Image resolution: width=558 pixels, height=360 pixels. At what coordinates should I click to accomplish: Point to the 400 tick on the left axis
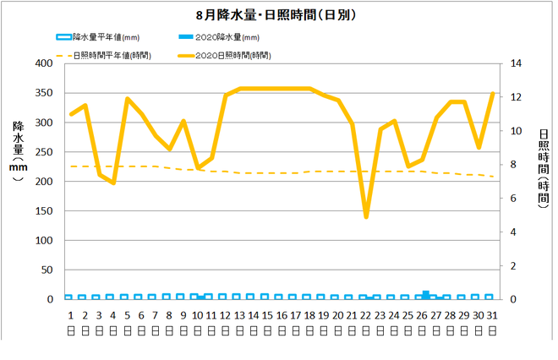tap(40, 63)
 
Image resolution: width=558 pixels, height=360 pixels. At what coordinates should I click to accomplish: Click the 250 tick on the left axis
tap(40, 152)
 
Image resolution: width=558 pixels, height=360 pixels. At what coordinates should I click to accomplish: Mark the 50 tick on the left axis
tap(43, 270)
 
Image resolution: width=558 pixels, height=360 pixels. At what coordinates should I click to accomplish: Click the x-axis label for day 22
tap(365, 314)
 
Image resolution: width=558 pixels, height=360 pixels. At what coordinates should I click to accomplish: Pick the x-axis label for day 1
tap(71, 314)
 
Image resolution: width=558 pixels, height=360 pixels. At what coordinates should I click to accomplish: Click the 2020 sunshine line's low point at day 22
tap(366, 217)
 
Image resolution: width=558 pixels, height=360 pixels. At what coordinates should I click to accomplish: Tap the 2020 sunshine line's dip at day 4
tap(113, 183)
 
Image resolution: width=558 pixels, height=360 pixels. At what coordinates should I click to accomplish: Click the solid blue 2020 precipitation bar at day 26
tap(425, 295)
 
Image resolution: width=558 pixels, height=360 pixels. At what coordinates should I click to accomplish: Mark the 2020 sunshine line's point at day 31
tap(492, 94)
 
